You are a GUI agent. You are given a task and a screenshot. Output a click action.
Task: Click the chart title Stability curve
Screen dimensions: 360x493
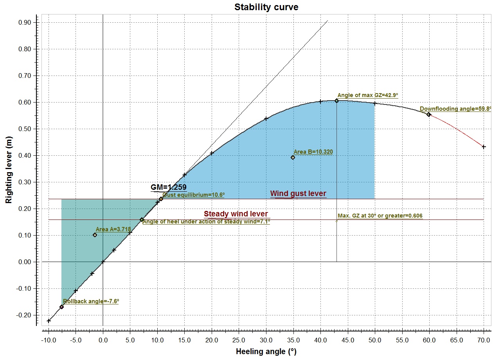coord(266,7)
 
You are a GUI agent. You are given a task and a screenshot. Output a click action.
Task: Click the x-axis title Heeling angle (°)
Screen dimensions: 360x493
coord(266,351)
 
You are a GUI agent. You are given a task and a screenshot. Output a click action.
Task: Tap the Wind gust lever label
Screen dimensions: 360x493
coord(298,194)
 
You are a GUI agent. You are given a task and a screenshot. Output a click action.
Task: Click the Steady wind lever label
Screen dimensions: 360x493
coord(236,214)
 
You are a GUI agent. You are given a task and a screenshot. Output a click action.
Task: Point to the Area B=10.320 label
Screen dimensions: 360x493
coord(313,152)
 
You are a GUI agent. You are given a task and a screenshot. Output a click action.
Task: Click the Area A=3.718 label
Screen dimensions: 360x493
coord(113,229)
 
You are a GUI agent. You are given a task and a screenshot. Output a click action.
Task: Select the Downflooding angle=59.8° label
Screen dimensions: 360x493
coord(455,109)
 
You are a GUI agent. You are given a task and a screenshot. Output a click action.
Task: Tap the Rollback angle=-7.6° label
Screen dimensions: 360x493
coord(91,301)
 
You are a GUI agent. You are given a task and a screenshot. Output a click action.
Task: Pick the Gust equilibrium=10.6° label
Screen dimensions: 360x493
coord(193,194)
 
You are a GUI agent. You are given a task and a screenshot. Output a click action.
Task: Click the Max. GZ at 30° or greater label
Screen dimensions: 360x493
coord(380,216)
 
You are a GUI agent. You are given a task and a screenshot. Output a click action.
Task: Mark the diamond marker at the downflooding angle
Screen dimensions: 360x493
coord(429,115)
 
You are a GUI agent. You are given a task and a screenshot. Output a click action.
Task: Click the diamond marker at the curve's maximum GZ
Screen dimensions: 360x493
coord(336,101)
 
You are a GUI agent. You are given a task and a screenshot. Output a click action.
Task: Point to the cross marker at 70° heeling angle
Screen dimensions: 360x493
coord(484,147)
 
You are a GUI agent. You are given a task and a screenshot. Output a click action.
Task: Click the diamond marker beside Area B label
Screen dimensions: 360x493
coord(293,157)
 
